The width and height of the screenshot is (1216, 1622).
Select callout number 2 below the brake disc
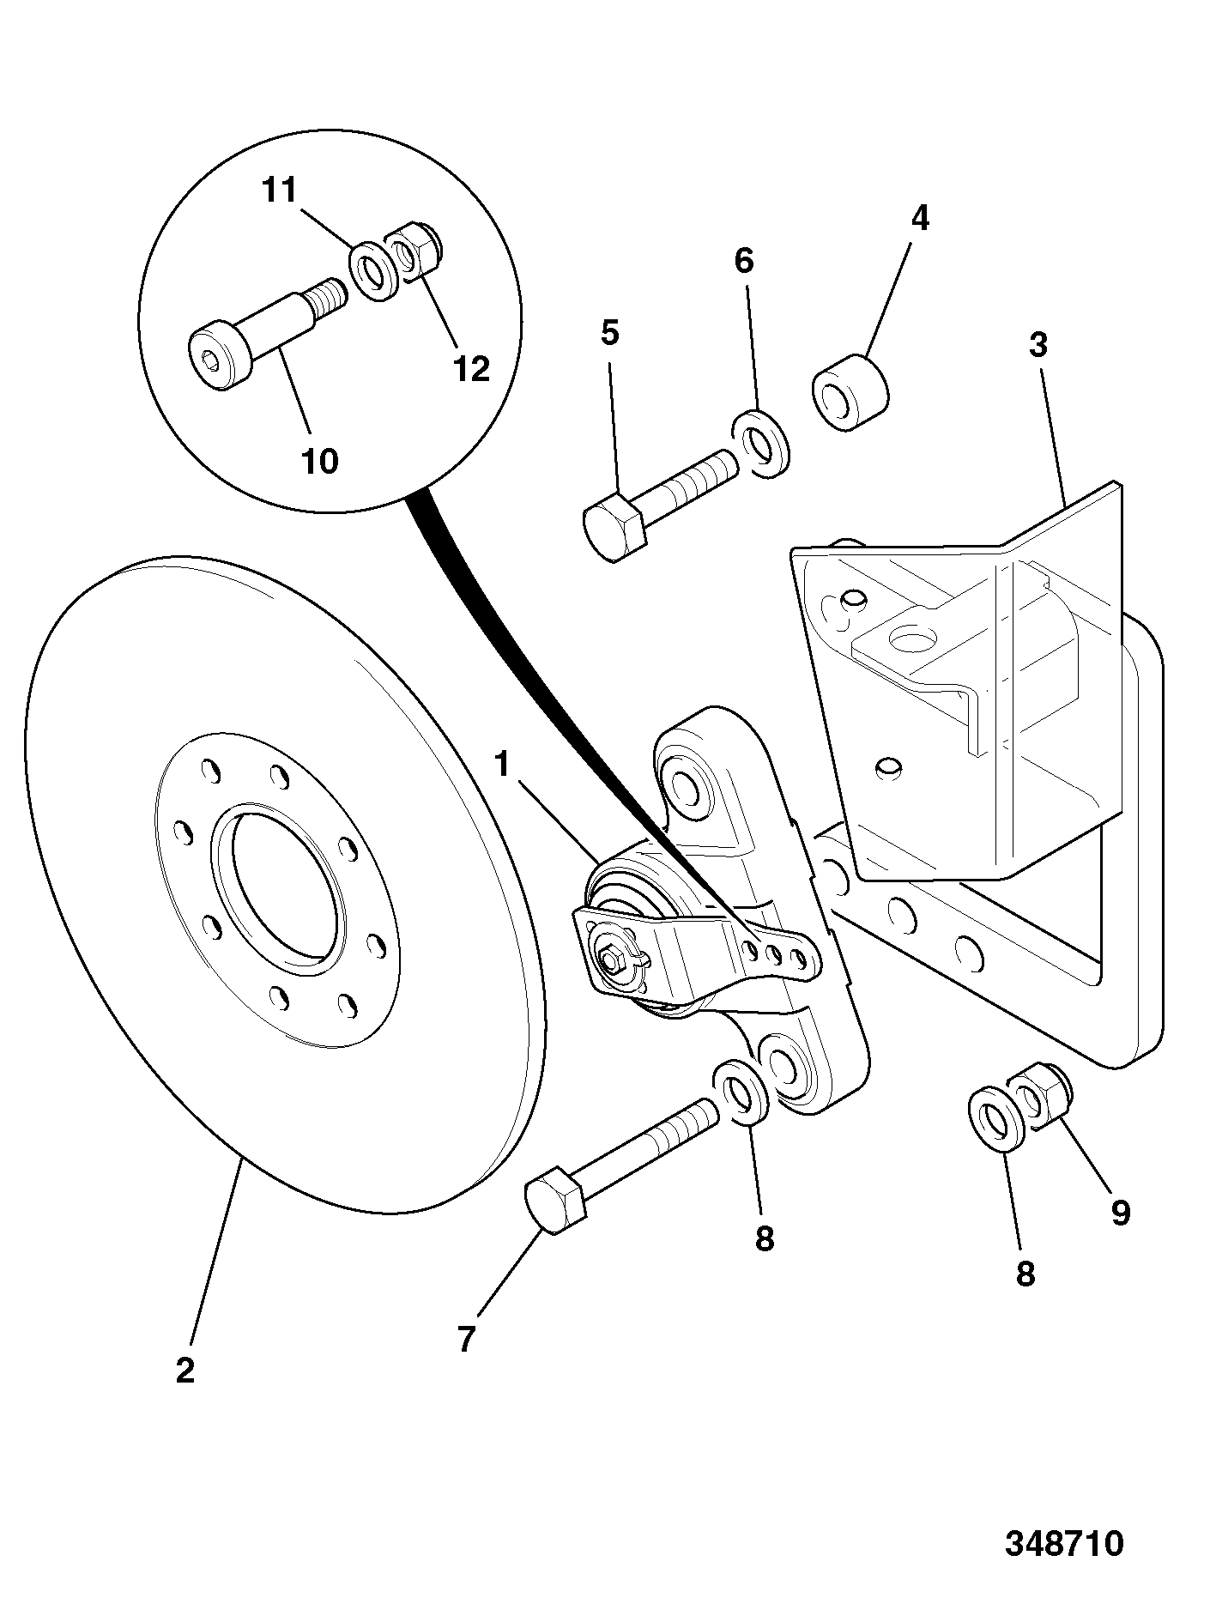[185, 1370]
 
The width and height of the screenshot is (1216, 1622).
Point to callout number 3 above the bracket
[1038, 345]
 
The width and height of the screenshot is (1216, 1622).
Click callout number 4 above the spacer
[919, 219]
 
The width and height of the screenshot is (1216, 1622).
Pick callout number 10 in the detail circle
[319, 462]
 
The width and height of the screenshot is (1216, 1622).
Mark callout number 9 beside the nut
[1120, 1213]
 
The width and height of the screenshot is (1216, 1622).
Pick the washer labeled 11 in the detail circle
[372, 270]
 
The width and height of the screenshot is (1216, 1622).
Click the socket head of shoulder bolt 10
[221, 356]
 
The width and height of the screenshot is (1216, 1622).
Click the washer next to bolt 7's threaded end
[741, 1092]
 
